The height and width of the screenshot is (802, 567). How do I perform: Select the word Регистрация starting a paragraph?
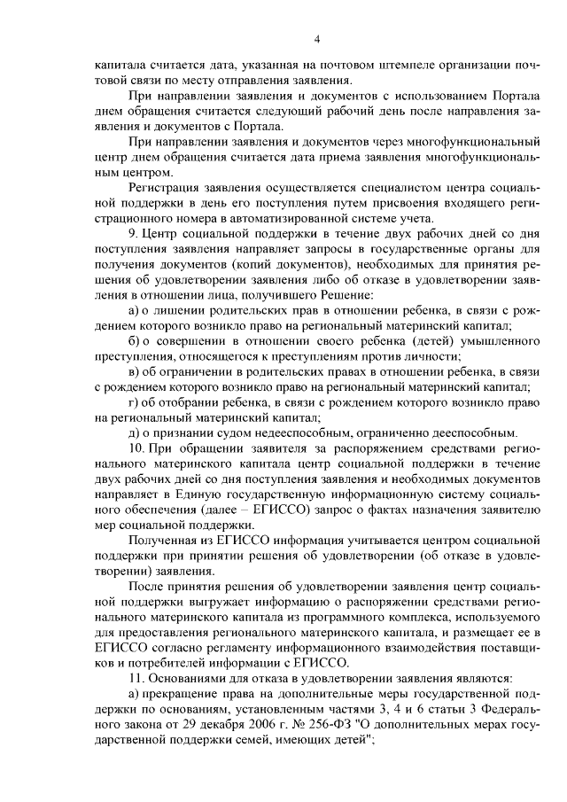(x=166, y=190)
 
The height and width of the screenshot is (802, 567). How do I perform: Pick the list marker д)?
(x=135, y=433)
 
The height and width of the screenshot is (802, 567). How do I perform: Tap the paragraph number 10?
(x=136, y=449)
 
